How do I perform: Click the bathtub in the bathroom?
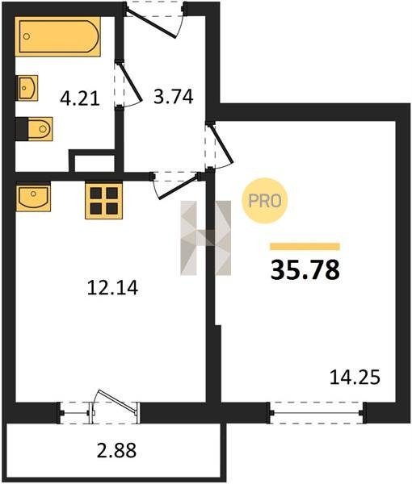pyautogui.click(x=58, y=36)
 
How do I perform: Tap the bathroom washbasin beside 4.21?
pyautogui.click(x=27, y=88)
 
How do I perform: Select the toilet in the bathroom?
pyautogui.click(x=34, y=129)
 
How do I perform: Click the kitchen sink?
pyautogui.click(x=33, y=198)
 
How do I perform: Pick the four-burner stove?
pyautogui.click(x=104, y=200)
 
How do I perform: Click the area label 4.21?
pyautogui.click(x=80, y=99)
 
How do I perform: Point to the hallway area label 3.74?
pyautogui.click(x=174, y=96)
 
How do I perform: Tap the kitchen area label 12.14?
pyautogui.click(x=112, y=288)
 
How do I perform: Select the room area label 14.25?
pyautogui.click(x=355, y=378)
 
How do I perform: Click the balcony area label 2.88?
pyautogui.click(x=116, y=450)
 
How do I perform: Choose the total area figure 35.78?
pyautogui.click(x=305, y=269)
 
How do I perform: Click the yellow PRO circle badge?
pyautogui.click(x=265, y=201)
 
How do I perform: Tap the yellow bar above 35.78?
pyautogui.click(x=305, y=246)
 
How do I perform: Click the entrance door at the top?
pyautogui.click(x=155, y=19)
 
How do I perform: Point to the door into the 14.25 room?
pyautogui.click(x=218, y=145)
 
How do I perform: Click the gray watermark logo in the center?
pyautogui.click(x=206, y=238)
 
